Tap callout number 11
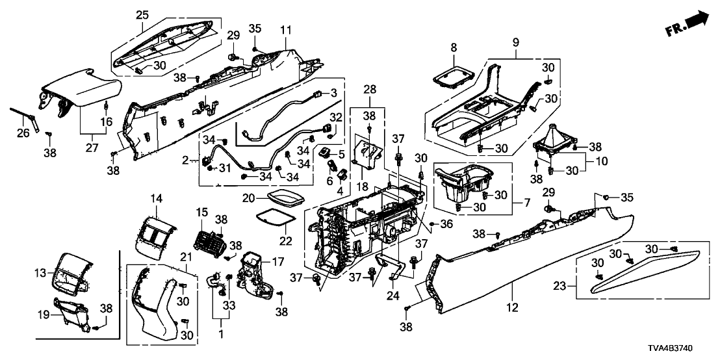coord(287,30)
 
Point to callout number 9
coord(516,42)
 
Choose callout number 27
coord(91,136)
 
